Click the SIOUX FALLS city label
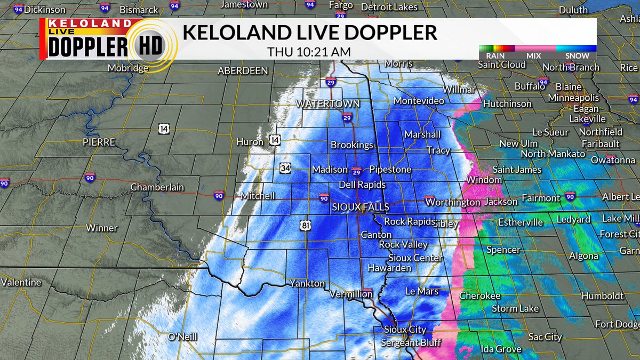coord(361,207)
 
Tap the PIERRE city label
coord(99,142)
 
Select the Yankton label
coord(307,283)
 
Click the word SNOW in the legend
coord(577,55)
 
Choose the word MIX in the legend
coord(533,55)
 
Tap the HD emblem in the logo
coord(151,48)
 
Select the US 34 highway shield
coord(284,169)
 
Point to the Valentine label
coord(21,282)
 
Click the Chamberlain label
coord(157,187)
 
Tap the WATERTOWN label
coord(328,103)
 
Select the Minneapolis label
coord(574,98)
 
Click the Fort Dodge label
coord(617,324)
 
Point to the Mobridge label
coord(128,68)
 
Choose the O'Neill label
coord(182,337)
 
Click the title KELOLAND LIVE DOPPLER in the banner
coord(309,33)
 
